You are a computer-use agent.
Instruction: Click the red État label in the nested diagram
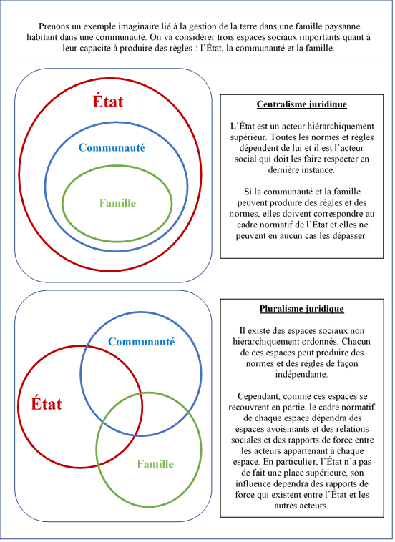coord(107,102)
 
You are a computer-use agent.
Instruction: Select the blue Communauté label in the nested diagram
coord(112,147)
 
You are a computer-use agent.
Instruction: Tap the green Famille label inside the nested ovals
coord(117,203)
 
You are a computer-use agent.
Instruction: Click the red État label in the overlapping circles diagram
coord(47,404)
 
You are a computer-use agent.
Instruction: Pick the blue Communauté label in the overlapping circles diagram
coord(142,342)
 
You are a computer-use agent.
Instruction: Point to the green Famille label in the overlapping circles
coord(155,463)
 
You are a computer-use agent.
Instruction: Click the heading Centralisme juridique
coord(301,104)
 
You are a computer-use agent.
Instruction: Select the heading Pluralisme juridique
coord(301,309)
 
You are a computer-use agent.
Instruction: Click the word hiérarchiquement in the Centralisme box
coord(341,126)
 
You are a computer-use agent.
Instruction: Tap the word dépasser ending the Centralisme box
coord(349,236)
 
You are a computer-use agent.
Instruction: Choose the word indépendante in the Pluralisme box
coord(301,375)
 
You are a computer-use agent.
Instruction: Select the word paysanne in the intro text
coord(343,26)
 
